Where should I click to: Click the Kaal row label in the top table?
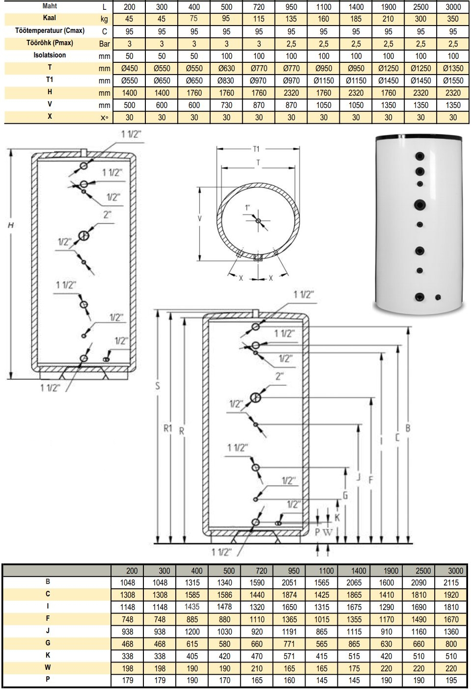tap(50, 18)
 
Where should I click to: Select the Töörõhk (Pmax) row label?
tap(50, 43)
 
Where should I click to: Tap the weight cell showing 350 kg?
tap(453, 19)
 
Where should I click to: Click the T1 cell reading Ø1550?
tap(453, 80)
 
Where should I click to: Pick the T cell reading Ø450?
tap(129, 68)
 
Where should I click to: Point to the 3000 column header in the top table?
tap(453, 7)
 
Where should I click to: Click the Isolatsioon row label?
tap(50, 55)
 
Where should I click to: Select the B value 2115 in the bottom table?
tap(451, 583)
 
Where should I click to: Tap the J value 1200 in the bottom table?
tap(192, 632)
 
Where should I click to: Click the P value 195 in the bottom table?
tap(451, 680)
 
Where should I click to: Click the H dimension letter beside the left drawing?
tap(11, 225)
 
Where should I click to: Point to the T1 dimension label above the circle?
tap(256, 149)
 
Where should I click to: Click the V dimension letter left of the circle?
tap(199, 219)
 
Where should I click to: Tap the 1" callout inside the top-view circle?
tap(247, 208)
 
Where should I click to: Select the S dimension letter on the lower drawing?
tap(157, 386)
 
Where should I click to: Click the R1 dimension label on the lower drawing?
tap(167, 428)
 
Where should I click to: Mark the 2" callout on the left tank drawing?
tap(107, 214)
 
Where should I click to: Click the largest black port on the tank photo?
tap(419, 205)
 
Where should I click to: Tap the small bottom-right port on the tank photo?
tap(438, 297)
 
